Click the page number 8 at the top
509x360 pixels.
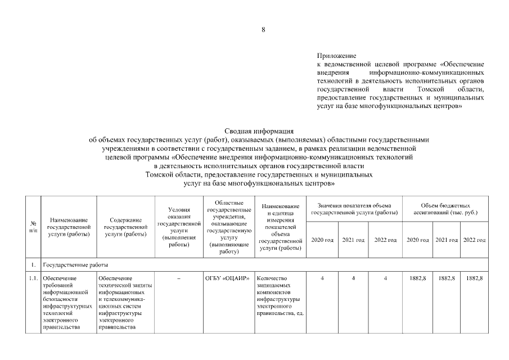(x=263, y=30)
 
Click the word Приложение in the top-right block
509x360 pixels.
(x=337, y=56)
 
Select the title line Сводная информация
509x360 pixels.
(x=259, y=130)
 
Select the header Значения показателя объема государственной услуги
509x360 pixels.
(x=354, y=209)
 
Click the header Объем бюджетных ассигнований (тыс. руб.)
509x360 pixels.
(x=445, y=209)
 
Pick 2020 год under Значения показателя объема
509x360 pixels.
(x=322, y=240)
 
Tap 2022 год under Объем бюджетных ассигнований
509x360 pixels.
(x=474, y=240)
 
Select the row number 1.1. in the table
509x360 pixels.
(x=33, y=278)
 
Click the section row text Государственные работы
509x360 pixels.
(x=74, y=264)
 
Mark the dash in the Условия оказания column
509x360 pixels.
(x=178, y=278)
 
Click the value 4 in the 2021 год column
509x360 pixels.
(x=353, y=278)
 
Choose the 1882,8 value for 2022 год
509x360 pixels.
(x=474, y=278)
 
